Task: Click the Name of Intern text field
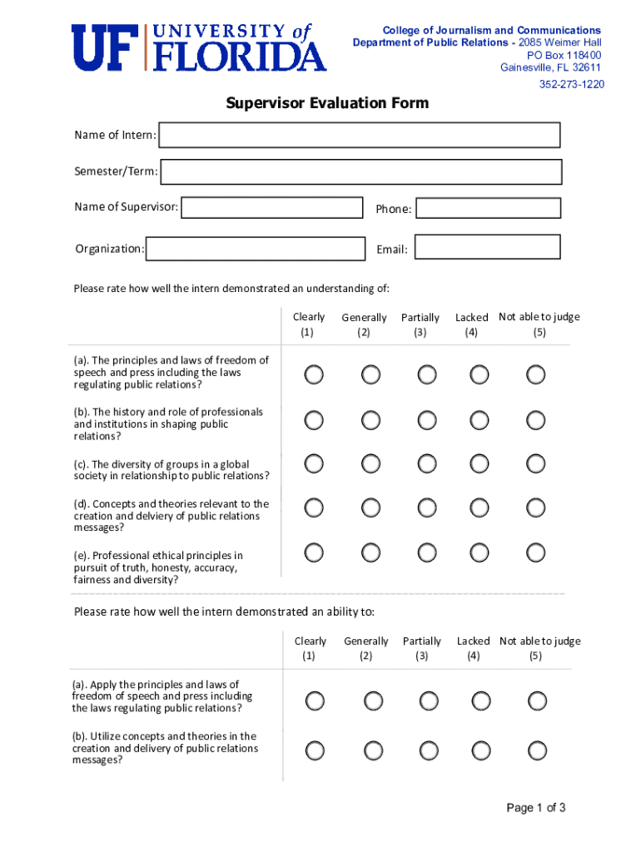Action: pos(360,135)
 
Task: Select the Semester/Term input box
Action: pos(360,171)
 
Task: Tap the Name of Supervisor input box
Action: pos(272,207)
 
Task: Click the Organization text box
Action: pos(256,248)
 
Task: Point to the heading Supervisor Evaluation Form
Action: pos(327,103)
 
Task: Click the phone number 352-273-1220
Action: pos(571,84)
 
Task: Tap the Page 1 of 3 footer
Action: pos(536,807)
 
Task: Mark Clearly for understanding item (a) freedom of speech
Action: pos(314,374)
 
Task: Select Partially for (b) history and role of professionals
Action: pos(427,420)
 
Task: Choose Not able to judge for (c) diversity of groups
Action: pos(536,463)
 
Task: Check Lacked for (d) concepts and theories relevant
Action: pos(479,508)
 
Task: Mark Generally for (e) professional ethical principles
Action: pos(370,552)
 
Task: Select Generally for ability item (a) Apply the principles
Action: pos(370,701)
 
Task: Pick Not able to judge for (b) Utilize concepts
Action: pos(537,750)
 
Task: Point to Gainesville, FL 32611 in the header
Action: pos(550,67)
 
